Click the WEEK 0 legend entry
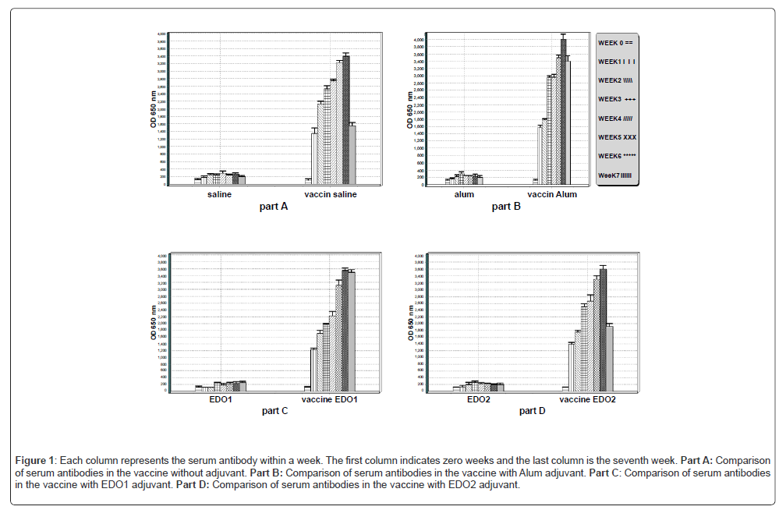click(615, 43)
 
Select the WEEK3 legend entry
click(617, 99)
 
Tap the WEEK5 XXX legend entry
click(617, 137)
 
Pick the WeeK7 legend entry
click(615, 175)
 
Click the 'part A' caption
click(274, 207)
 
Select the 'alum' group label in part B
click(464, 194)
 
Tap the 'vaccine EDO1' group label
click(329, 399)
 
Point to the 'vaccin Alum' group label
click(552, 194)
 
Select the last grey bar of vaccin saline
click(352, 154)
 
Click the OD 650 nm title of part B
click(410, 110)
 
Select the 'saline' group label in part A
click(219, 194)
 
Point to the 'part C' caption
click(274, 411)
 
